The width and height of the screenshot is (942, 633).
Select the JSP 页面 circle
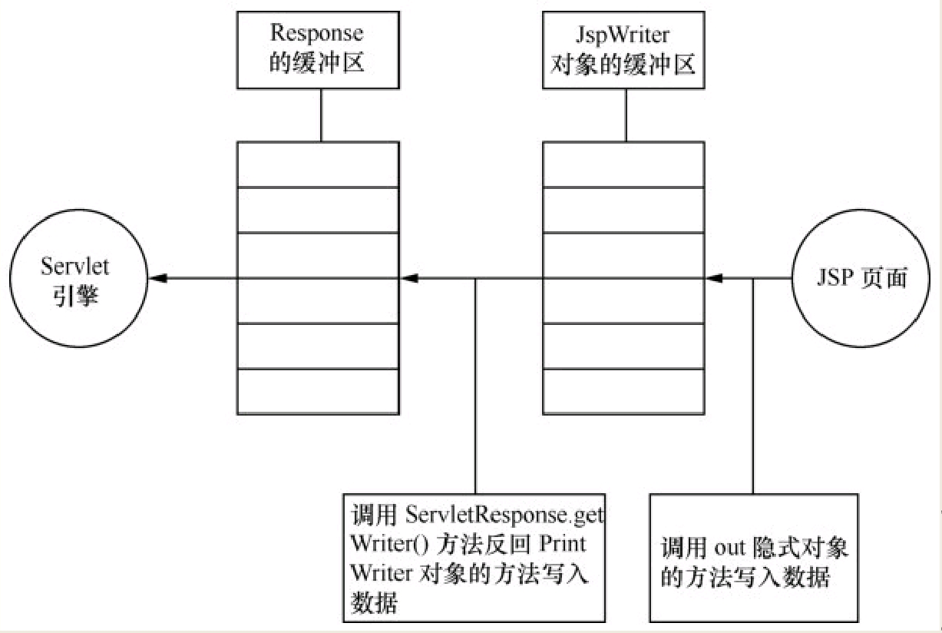[861, 278]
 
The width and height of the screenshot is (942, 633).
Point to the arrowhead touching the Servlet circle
[157, 278]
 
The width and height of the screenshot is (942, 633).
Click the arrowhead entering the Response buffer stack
[409, 278]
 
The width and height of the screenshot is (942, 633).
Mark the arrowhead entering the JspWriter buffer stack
[715, 278]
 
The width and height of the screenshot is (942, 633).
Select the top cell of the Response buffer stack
[317, 164]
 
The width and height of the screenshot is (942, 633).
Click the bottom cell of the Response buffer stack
[317, 392]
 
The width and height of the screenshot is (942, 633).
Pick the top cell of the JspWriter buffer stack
[623, 164]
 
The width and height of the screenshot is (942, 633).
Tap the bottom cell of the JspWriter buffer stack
[623, 392]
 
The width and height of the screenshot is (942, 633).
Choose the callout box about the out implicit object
[753, 557]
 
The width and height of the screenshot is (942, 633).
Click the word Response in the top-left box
[316, 34]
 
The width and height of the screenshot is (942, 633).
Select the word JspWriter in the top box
[623, 34]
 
